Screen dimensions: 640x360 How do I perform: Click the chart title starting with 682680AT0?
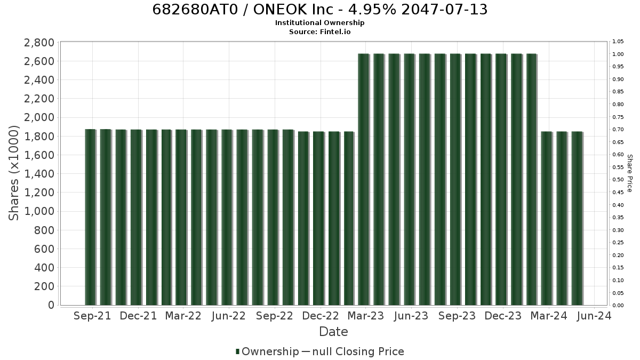[319, 10]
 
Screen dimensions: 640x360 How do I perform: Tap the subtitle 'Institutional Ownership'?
[319, 23]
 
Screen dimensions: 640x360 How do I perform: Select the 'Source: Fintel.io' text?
[319, 31]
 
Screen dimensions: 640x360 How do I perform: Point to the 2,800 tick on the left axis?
[39, 43]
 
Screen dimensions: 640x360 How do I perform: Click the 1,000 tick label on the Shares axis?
[39, 211]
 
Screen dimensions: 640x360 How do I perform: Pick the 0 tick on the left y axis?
[51, 305]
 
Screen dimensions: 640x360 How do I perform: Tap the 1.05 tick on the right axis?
[618, 42]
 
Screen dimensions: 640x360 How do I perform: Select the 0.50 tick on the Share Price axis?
[618, 180]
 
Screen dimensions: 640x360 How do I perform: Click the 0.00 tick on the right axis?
[618, 306]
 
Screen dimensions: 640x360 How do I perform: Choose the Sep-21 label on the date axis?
[92, 316]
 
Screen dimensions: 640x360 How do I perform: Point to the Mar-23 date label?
[366, 316]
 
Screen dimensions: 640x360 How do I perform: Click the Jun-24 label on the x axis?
[594, 316]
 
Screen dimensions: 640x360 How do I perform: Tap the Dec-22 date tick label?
[321, 316]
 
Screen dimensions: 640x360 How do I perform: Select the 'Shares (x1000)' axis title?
[13, 173]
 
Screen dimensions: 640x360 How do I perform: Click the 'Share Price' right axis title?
[629, 173]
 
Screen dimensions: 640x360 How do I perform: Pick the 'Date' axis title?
[333, 332]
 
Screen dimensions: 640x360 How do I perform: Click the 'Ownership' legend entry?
[267, 351]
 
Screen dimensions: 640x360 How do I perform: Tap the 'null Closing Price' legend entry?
[353, 351]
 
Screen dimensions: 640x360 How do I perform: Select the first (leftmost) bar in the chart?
[91, 217]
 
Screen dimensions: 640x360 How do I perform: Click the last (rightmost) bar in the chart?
[578, 218]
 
